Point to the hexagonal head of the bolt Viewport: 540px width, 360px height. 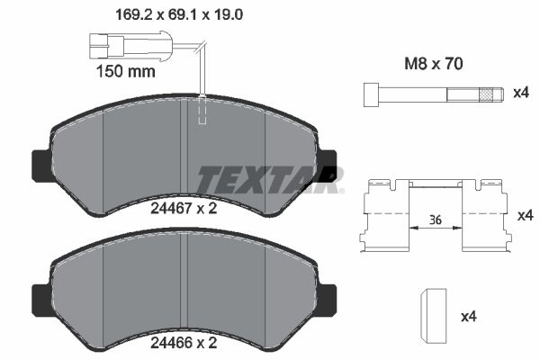371,94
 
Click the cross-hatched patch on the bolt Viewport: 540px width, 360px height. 489,94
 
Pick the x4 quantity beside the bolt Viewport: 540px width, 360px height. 519,94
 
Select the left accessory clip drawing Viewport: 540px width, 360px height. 385,216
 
